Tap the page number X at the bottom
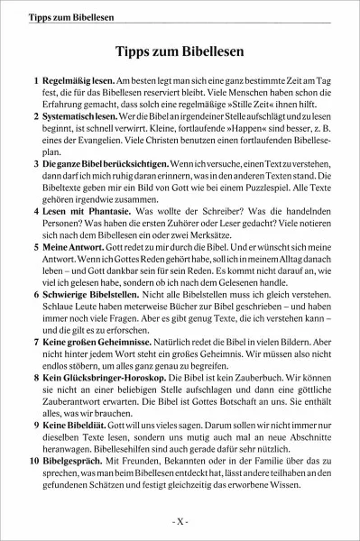coord(180,522)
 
